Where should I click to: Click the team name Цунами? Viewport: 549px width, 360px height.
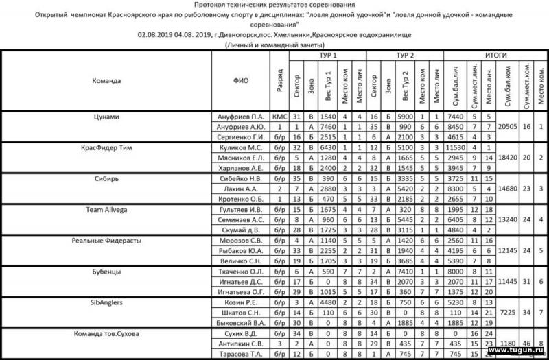coord(106,117)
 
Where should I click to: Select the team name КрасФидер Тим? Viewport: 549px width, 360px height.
coord(106,147)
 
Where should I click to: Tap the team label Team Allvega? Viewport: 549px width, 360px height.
coord(106,208)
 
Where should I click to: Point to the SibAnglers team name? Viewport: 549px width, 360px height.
coord(106,302)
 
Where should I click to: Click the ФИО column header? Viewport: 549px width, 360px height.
coord(240,80)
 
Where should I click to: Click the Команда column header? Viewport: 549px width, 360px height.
coord(106,80)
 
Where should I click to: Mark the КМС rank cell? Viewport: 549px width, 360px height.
coord(279,117)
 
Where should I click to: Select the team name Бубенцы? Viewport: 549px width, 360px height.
coord(106,271)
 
